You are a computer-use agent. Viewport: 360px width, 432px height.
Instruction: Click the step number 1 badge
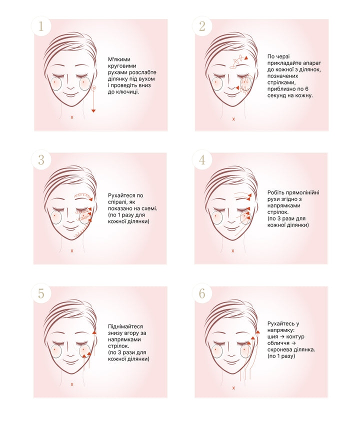pyautogui.click(x=41, y=26)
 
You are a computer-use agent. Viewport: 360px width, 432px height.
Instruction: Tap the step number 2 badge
pyautogui.click(x=202, y=26)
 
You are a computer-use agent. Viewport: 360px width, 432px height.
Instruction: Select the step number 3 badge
pyautogui.click(x=41, y=160)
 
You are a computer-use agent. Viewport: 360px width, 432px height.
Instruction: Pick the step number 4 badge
pyautogui.click(x=202, y=160)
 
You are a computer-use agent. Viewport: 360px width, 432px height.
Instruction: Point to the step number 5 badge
pyautogui.click(x=41, y=293)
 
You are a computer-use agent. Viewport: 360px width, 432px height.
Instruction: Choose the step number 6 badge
pyautogui.click(x=202, y=293)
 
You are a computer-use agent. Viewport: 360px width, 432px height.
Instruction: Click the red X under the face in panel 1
pyautogui.click(x=72, y=117)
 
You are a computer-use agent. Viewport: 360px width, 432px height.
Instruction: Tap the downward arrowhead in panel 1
pyautogui.click(x=93, y=111)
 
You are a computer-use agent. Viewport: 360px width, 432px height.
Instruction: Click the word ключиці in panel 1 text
pyautogui.click(x=129, y=92)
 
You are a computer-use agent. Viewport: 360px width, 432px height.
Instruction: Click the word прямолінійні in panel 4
pyautogui.click(x=302, y=192)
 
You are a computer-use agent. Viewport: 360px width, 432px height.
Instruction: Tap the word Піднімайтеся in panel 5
pyautogui.click(x=125, y=326)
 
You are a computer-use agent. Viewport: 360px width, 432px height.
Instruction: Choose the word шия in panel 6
pyautogui.click(x=272, y=336)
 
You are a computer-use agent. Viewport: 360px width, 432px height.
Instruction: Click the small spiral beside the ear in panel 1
pyautogui.click(x=94, y=88)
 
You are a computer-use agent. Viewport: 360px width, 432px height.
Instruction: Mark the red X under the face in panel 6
pyautogui.click(x=233, y=388)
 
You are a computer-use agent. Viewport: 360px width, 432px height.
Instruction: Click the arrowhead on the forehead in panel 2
pyautogui.click(x=246, y=58)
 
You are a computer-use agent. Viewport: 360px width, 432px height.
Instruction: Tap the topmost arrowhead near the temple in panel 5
pyautogui.click(x=94, y=332)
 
